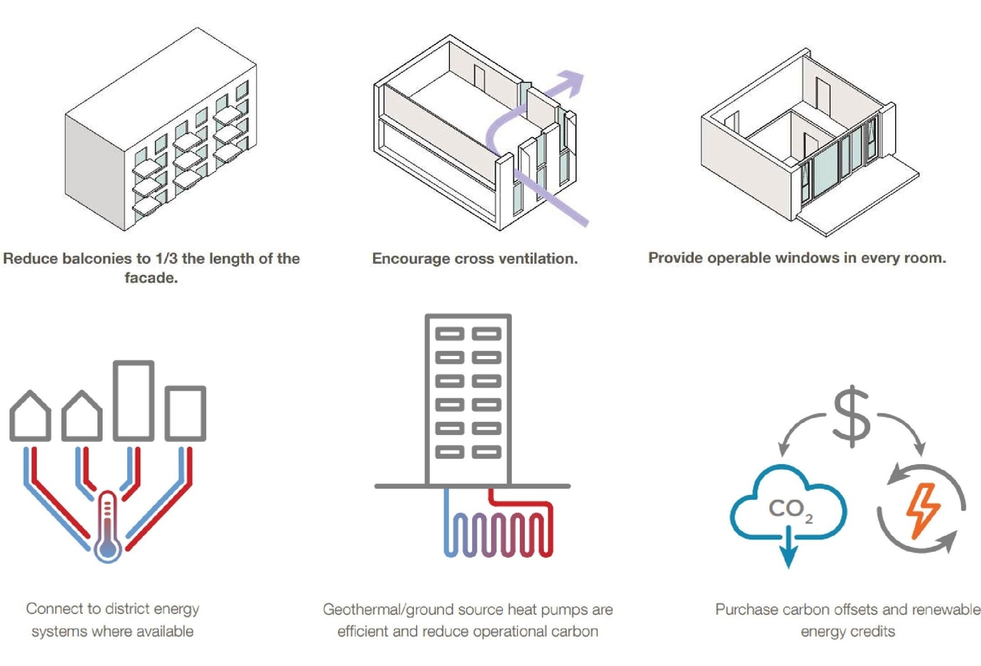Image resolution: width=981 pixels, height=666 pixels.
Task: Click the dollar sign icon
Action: click(851, 416)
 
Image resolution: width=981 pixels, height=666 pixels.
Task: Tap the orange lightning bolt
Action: click(922, 510)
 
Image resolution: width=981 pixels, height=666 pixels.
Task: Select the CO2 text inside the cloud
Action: click(791, 510)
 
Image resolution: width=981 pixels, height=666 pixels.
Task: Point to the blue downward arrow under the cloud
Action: click(789, 547)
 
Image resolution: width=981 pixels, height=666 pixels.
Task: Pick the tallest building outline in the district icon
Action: click(133, 401)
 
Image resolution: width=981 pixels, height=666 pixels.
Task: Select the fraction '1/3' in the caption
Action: click(166, 259)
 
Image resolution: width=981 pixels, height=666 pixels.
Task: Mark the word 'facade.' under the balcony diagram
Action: click(151, 278)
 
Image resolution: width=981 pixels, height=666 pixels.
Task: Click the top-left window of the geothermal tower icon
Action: click(450, 334)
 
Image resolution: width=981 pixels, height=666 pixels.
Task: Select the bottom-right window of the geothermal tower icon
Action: click(487, 452)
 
